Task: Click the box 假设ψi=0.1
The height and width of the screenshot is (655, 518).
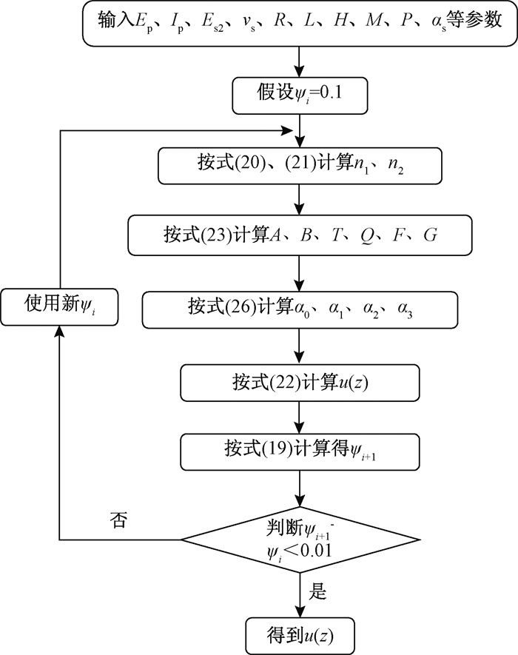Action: [300, 95]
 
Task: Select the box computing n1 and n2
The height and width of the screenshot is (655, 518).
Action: [300, 166]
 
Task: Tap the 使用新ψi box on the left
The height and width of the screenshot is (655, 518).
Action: [60, 307]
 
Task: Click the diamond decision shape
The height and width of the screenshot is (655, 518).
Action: [300, 540]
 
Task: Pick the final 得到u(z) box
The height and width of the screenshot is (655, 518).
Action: [300, 636]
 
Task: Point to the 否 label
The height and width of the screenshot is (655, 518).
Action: [118, 520]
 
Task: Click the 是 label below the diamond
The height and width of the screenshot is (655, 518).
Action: [317, 591]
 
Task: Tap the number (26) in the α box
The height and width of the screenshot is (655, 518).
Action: [240, 307]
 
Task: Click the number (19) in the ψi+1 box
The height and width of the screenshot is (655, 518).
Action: [277, 449]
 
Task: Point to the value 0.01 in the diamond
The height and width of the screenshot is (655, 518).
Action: [316, 551]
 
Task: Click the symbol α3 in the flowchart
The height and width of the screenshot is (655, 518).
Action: [405, 309]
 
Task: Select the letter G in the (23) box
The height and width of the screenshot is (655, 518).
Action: [430, 235]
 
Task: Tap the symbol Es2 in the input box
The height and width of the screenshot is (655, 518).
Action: [212, 21]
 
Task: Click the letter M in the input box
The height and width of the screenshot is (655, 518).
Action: [374, 20]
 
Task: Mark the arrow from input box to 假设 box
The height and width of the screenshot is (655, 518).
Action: [300, 62]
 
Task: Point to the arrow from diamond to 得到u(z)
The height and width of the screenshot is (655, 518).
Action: [300, 595]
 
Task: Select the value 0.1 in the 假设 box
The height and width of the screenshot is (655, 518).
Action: [331, 93]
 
